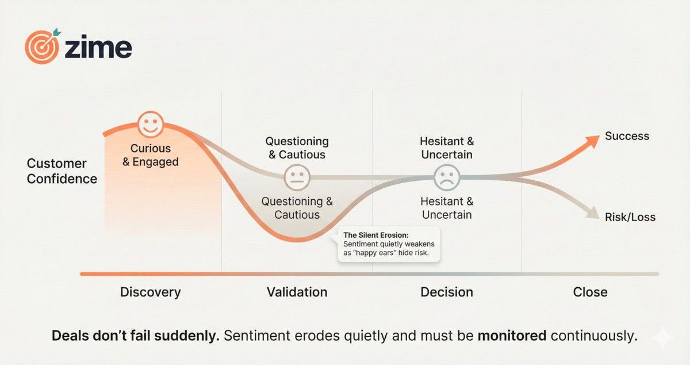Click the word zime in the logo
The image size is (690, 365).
click(98, 48)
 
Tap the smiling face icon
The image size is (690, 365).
click(151, 124)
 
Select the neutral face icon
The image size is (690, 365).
click(297, 177)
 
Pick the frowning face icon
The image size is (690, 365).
click(447, 177)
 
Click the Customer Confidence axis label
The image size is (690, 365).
click(62, 171)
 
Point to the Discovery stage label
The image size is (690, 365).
click(150, 292)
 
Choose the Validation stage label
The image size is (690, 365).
click(297, 292)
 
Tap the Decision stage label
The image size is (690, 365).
click(447, 292)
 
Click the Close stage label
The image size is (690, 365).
click(590, 292)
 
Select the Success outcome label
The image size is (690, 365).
click(627, 136)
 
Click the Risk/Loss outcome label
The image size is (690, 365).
click(630, 217)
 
